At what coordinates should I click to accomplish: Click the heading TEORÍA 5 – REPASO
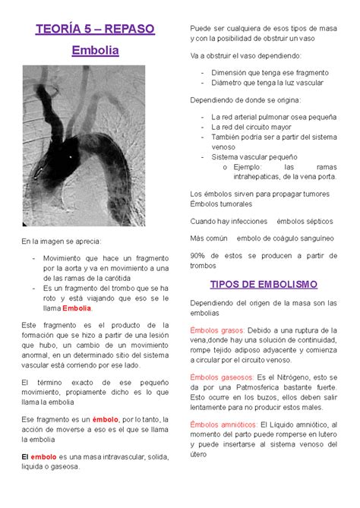(95, 29)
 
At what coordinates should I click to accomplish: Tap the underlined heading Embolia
(95, 51)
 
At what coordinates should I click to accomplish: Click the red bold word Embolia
(77, 308)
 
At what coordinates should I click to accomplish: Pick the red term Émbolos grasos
(217, 331)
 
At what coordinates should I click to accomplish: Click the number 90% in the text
(198, 255)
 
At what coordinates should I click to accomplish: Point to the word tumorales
(238, 203)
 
